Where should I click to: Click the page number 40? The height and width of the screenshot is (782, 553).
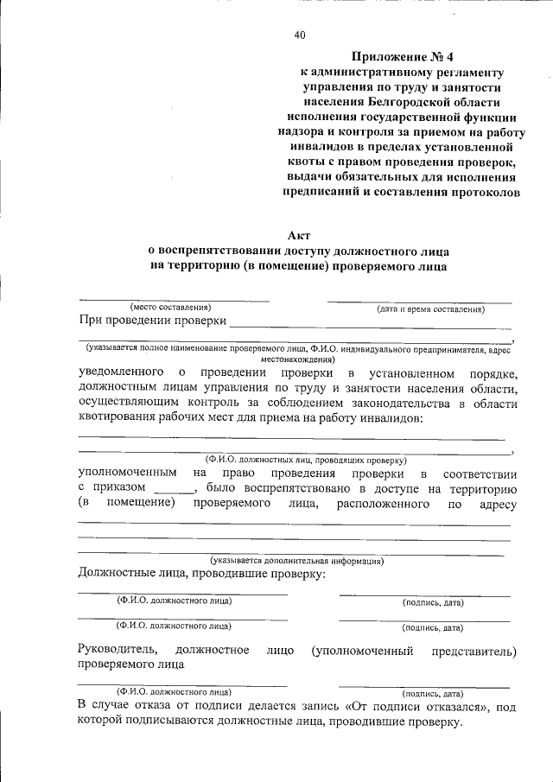tap(299, 35)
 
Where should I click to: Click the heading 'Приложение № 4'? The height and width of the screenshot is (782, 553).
tap(403, 57)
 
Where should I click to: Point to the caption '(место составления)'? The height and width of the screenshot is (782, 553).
tap(170, 308)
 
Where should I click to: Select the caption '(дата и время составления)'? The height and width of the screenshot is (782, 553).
tap(429, 308)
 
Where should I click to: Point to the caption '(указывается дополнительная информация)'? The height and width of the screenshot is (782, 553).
tap(297, 560)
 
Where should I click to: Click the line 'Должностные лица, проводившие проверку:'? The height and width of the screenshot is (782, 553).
tap(201, 574)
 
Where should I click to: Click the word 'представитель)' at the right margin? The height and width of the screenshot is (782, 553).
tap(474, 650)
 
